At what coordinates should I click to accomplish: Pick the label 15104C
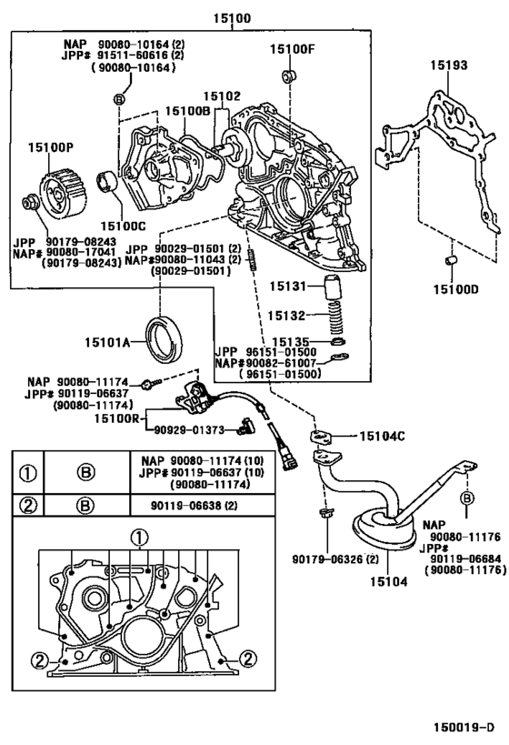pyautogui.click(x=382, y=436)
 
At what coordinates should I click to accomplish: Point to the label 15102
pyautogui.click(x=221, y=96)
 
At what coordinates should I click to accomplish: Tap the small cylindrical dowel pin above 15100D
pyautogui.click(x=448, y=264)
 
